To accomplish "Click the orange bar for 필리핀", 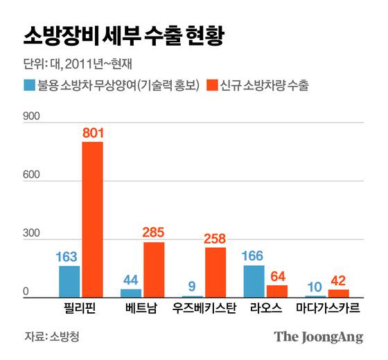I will (x=92, y=219).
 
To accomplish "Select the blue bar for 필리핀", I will (x=69, y=282).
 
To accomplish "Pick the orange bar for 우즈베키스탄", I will (x=215, y=273).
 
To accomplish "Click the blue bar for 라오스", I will (x=254, y=281).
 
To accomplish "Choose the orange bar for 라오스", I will (x=277, y=291).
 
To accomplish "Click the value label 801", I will (x=92, y=132).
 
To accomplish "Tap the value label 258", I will (x=215, y=238).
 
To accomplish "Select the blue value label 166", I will (x=254, y=255).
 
